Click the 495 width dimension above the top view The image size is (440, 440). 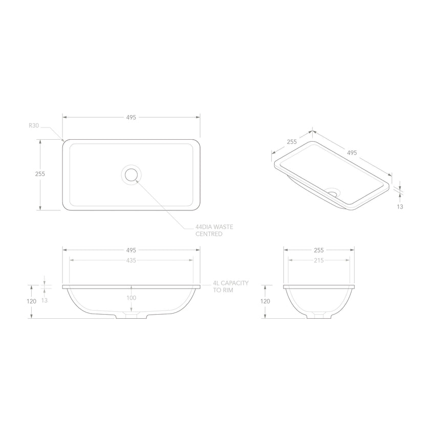(131, 117)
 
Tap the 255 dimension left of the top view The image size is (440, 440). (40, 173)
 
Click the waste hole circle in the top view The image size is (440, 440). (131, 174)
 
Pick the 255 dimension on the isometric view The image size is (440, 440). (292, 142)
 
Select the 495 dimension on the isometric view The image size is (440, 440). (352, 152)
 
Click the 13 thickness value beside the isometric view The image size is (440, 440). (400, 207)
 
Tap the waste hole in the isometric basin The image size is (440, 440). (333, 193)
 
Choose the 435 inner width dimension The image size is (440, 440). (131, 260)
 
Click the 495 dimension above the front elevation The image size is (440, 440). (131, 250)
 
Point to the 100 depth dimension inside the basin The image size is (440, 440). (131, 298)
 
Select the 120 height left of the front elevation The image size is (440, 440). (32, 301)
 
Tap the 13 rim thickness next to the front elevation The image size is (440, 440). (45, 300)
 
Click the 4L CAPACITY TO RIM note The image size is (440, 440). (231, 286)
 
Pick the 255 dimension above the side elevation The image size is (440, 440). (319, 250)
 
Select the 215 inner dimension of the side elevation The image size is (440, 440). (319, 260)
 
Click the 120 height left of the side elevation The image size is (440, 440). (265, 301)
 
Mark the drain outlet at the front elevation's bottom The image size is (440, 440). (131, 316)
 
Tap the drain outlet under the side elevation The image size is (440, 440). (319, 316)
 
